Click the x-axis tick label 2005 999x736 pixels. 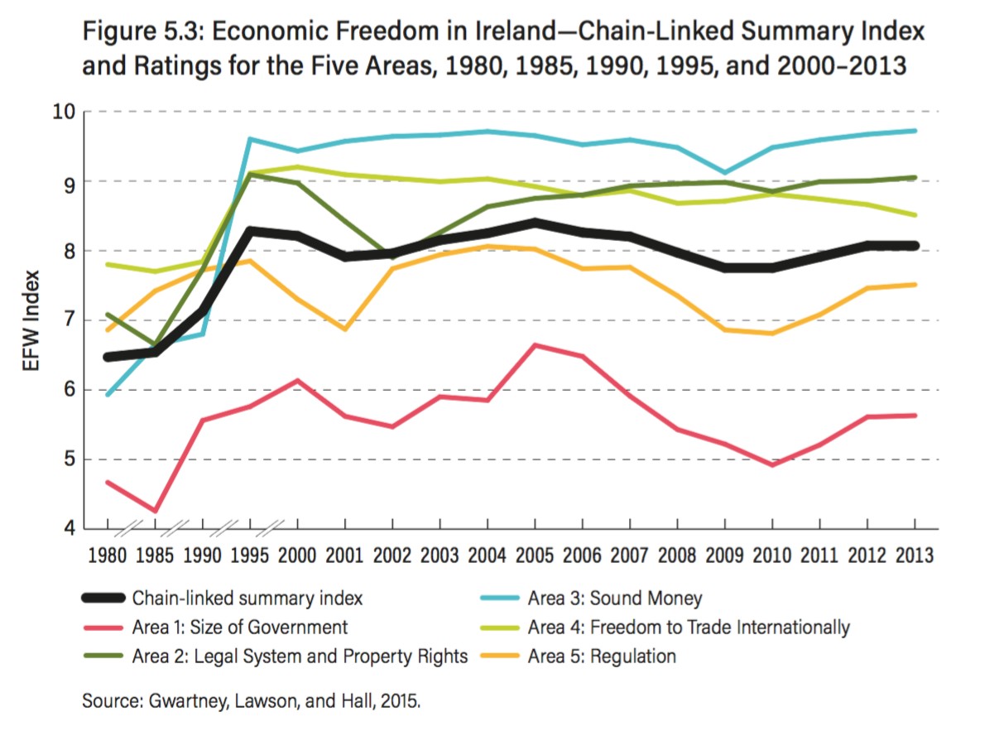(535, 555)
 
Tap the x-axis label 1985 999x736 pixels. (155, 555)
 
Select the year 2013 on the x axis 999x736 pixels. (915, 555)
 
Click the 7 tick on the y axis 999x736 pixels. (69, 320)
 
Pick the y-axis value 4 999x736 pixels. (69, 528)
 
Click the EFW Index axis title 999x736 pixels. (31, 320)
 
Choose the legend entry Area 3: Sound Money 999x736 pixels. (614, 598)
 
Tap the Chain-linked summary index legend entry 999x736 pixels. (247, 598)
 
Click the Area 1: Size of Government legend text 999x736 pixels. (240, 627)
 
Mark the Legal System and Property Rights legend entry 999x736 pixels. (300, 657)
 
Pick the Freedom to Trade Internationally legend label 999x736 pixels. (689, 627)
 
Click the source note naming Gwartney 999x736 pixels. (252, 701)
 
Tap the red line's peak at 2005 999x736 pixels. (536, 344)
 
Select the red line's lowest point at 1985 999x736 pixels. (155, 511)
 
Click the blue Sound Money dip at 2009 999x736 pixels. (725, 173)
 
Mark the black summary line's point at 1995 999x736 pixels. (250, 231)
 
